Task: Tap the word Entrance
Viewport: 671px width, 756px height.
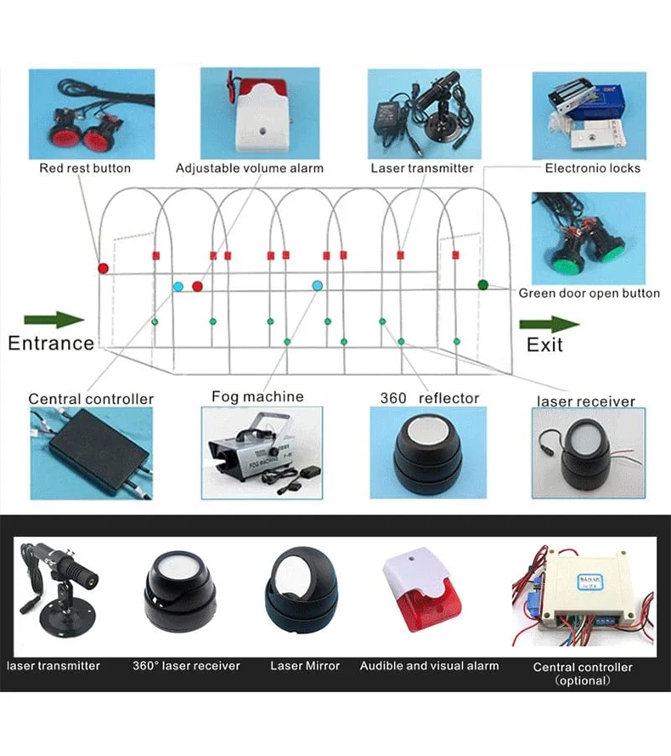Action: tap(51, 344)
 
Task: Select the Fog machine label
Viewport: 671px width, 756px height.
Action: tap(257, 396)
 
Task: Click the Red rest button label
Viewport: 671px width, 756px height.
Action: tap(85, 168)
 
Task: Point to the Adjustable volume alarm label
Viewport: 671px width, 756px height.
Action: tap(250, 168)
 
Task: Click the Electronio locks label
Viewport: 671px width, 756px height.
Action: tap(593, 168)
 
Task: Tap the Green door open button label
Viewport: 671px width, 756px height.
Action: tap(589, 293)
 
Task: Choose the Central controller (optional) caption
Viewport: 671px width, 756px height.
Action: tap(583, 674)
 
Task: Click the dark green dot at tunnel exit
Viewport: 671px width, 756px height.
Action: tap(482, 285)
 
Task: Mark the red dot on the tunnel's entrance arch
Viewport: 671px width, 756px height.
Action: tap(103, 268)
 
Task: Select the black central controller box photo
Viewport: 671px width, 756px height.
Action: tap(91, 452)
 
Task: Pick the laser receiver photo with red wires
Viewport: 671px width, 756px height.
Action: tap(587, 451)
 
